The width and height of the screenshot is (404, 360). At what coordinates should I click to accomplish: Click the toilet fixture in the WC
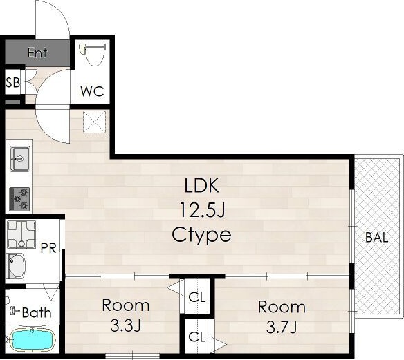pos(93,55)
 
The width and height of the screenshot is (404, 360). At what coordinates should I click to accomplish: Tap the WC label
pos(92,91)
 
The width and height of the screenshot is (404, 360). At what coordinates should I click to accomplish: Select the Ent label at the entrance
pos(37,53)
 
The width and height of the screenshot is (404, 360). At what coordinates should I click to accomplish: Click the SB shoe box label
pos(12,83)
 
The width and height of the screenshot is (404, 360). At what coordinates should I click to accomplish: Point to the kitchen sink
pos(20,159)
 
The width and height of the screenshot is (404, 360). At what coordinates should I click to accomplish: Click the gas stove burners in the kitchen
pos(19,199)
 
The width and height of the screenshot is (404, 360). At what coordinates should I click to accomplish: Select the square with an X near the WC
pos(95,122)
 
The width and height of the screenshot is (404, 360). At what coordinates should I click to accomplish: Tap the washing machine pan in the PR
pos(21,234)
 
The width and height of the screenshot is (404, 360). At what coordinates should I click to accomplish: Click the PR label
pos(48,248)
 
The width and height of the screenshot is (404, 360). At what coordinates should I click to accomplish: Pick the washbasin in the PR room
pos(15,266)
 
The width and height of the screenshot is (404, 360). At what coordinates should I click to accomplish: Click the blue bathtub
pos(33,340)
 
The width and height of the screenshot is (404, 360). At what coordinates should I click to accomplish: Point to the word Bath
pos(37,313)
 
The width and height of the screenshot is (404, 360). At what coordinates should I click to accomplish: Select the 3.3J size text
pos(125,326)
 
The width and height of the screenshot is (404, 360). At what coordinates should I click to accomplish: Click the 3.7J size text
pos(282,328)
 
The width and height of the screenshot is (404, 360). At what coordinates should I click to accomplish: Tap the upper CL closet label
pos(197,297)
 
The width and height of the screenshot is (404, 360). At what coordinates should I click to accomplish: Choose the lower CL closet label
pos(197,337)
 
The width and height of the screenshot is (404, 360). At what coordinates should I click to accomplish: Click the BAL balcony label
pos(377,238)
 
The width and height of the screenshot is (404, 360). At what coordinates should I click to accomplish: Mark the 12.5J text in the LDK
pos(202,210)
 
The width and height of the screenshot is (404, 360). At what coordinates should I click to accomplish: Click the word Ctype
pos(201,235)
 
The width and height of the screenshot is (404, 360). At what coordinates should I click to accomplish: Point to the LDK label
pos(202,185)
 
